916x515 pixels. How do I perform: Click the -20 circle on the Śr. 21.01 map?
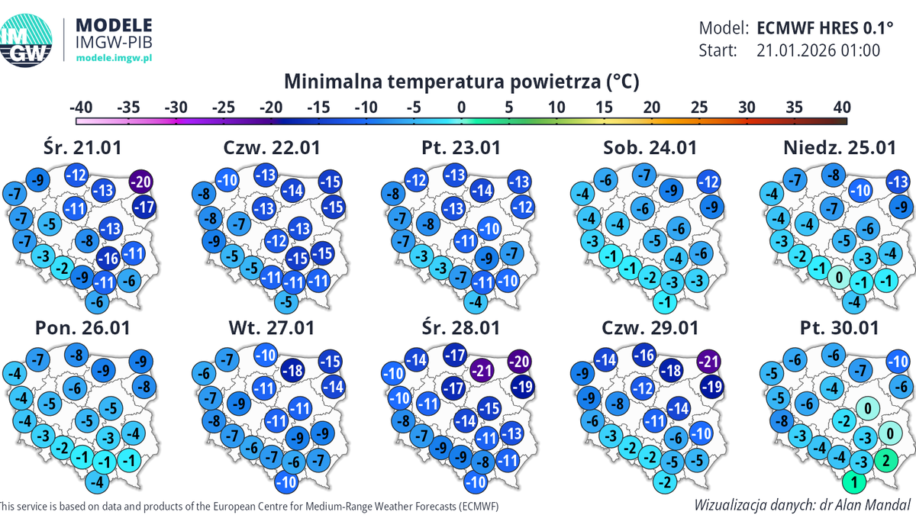click(140, 182)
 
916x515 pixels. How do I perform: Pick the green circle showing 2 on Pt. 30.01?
click(885, 459)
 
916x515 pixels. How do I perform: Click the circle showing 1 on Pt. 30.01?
click(855, 481)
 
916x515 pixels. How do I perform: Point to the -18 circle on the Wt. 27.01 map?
click(295, 371)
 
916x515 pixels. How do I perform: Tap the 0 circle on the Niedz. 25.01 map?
click(839, 277)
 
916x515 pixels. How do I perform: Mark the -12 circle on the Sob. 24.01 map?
click(708, 182)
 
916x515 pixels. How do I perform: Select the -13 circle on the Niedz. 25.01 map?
click(898, 182)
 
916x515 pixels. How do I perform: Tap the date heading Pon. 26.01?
click(82, 328)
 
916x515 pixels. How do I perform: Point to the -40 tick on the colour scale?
click(80, 108)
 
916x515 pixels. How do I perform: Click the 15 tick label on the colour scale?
click(603, 108)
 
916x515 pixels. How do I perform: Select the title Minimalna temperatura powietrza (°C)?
click(461, 81)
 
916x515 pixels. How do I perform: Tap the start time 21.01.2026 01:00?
click(818, 50)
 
